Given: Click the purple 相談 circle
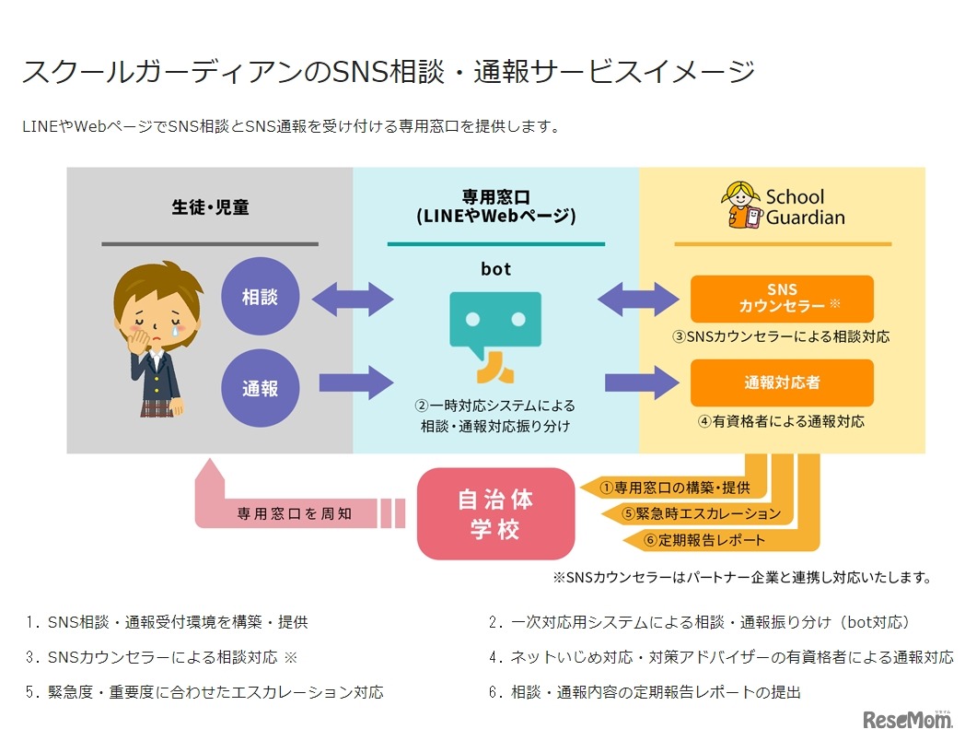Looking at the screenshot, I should (260, 298).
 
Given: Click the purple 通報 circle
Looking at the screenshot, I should (260, 388).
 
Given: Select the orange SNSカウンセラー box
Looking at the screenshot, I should (781, 299).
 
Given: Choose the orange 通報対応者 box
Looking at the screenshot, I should (781, 382).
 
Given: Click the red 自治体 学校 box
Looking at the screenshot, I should (495, 514).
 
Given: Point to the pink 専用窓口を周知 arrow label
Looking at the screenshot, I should (293, 512).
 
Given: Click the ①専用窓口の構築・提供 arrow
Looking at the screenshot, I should (672, 487).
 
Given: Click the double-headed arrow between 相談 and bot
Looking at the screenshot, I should (353, 299).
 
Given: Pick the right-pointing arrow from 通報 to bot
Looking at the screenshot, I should (355, 382).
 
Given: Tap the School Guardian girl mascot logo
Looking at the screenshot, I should (742, 205).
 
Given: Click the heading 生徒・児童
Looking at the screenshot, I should (210, 207).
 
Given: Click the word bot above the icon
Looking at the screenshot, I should (495, 269).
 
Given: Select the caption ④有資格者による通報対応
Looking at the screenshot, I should (781, 421).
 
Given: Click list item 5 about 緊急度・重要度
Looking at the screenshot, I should (204, 691).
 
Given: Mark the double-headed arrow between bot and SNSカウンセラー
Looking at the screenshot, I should (638, 299).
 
